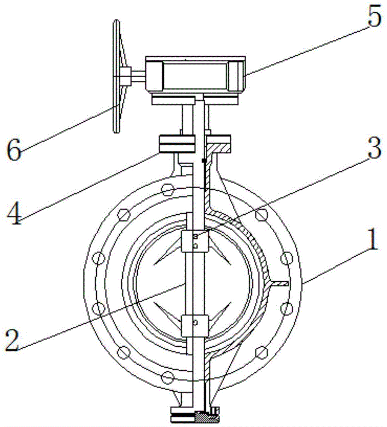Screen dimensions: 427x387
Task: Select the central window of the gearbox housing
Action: click(x=195, y=76)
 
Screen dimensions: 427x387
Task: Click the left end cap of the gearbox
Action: click(x=154, y=76)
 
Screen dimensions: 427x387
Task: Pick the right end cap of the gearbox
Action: click(x=236, y=76)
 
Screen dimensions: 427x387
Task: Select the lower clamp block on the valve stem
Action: click(x=195, y=325)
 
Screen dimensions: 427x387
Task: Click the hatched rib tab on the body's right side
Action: click(x=280, y=283)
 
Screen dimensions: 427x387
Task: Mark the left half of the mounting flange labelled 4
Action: click(x=176, y=144)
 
